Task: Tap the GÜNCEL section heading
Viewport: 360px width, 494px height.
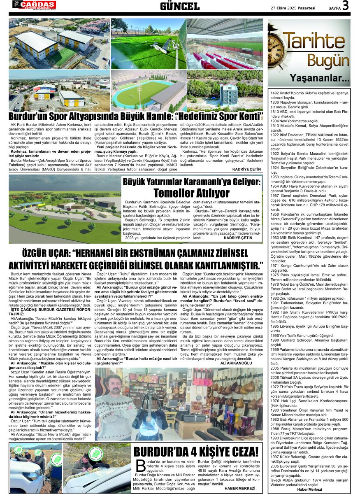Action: coord(179,6)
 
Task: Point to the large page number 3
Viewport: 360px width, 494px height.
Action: coord(345,6)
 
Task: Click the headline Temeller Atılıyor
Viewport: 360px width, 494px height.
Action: coord(191,193)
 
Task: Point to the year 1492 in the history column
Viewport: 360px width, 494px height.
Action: coord(275,93)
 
